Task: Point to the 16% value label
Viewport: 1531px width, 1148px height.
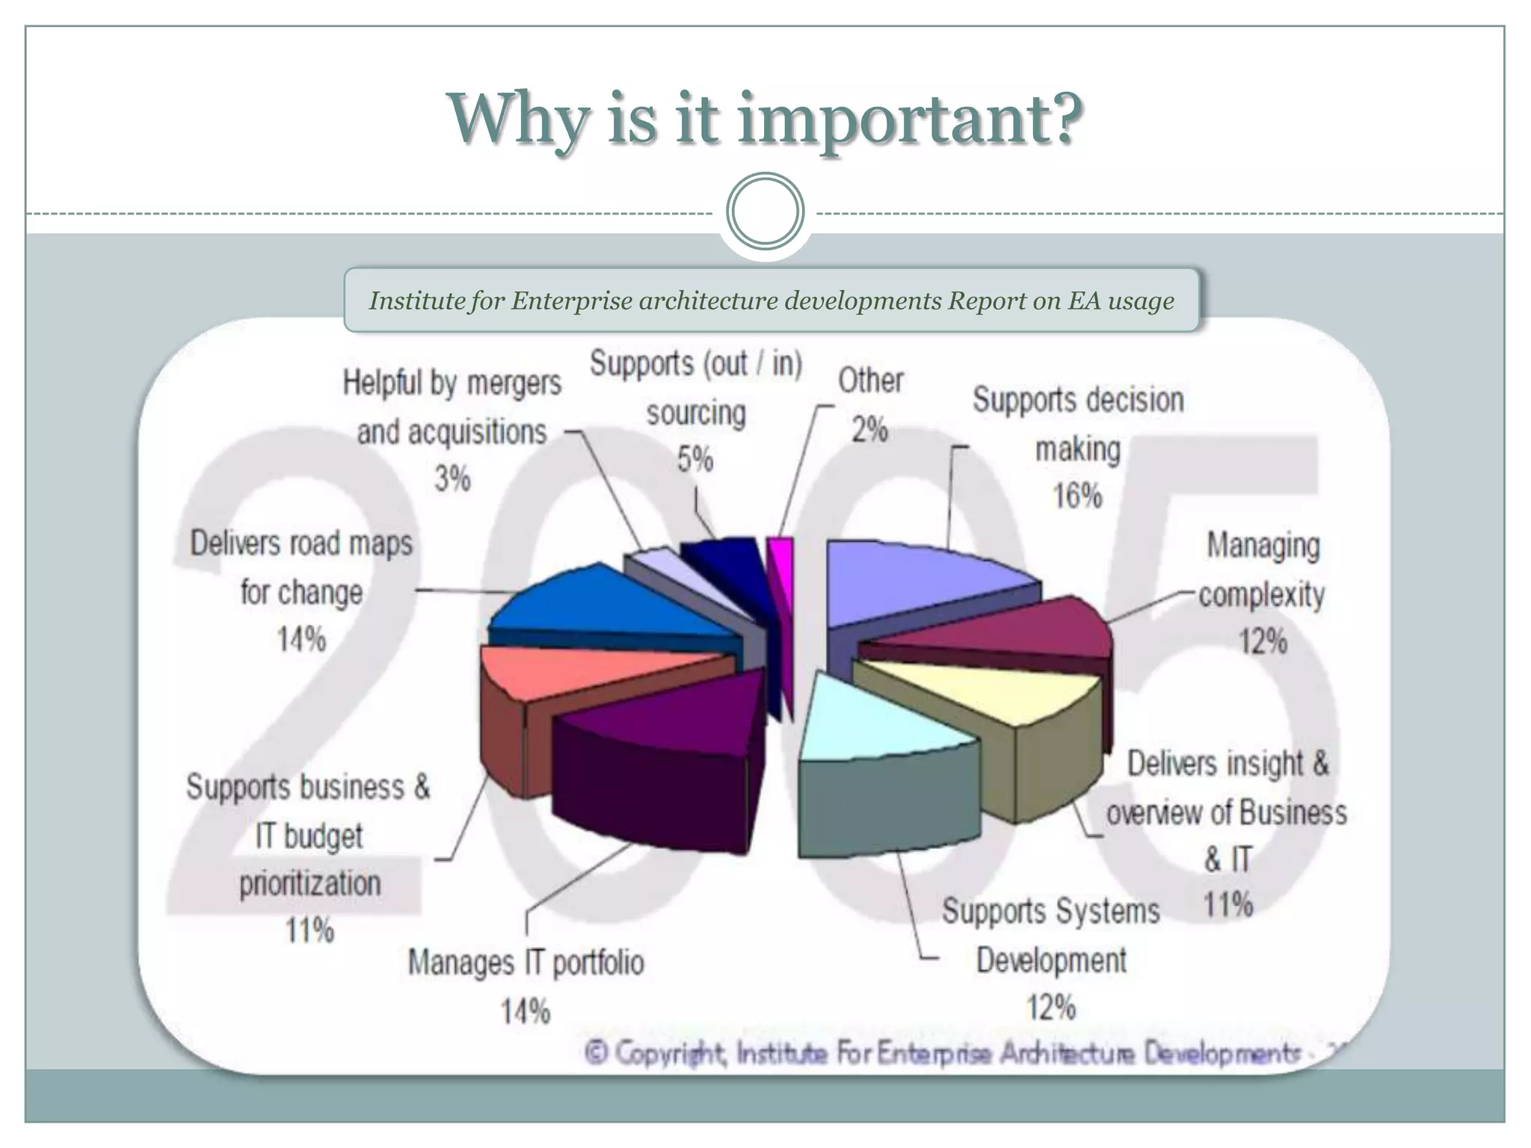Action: pos(1077,496)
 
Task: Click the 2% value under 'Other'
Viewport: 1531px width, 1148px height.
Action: pos(870,430)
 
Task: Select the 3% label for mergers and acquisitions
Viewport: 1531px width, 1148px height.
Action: pos(452,479)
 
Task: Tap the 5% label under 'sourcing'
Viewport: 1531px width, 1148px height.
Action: pos(695,459)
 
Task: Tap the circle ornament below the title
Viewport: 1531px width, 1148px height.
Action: pos(765,212)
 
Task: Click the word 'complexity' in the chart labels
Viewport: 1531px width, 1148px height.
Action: pos(1262,595)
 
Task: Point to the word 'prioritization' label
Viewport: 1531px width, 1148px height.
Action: pos(309,884)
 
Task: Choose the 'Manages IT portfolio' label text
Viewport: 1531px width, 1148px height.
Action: pos(526,963)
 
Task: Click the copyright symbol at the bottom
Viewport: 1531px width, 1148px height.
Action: pos(597,1053)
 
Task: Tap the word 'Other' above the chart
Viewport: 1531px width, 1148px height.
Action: pos(870,380)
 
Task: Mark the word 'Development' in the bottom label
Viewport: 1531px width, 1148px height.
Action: pos(1051,960)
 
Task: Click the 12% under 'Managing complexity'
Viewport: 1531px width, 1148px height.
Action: pos(1263,641)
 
